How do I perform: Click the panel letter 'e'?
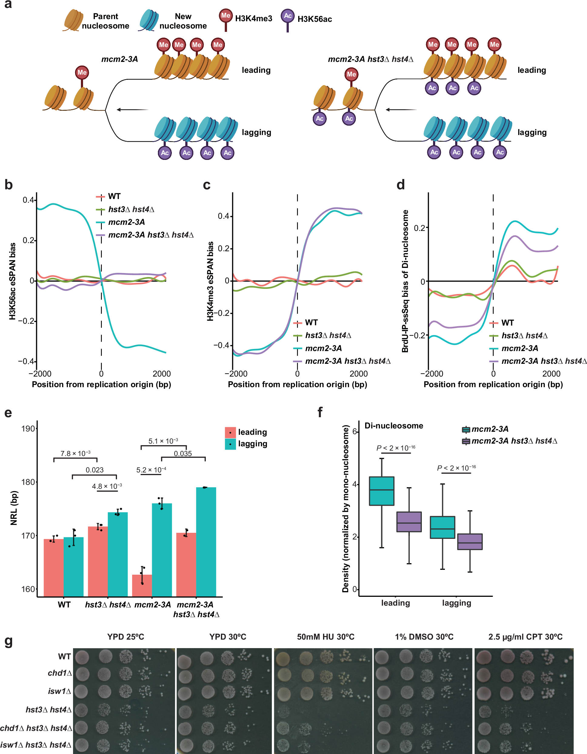(x=8, y=413)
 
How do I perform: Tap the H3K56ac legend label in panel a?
(x=315, y=19)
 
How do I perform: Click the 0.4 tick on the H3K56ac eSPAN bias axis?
(x=28, y=200)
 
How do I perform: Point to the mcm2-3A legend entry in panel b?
(x=126, y=222)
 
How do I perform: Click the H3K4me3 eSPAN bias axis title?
(x=210, y=281)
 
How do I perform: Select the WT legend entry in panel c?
(x=311, y=323)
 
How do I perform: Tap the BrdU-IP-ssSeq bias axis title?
(x=405, y=281)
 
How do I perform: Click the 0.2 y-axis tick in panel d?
(x=419, y=228)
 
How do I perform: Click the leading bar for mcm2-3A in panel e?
(x=142, y=586)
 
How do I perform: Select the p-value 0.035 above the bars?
(x=183, y=454)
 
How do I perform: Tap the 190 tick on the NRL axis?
(x=28, y=429)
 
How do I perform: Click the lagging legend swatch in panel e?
(x=230, y=444)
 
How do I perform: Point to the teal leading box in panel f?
(x=382, y=491)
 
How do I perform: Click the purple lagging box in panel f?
(x=470, y=542)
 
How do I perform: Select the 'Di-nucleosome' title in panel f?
(x=394, y=426)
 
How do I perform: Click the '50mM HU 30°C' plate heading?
(x=325, y=637)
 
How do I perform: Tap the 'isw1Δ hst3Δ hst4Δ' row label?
(x=36, y=745)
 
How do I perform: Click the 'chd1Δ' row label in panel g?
(x=60, y=673)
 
